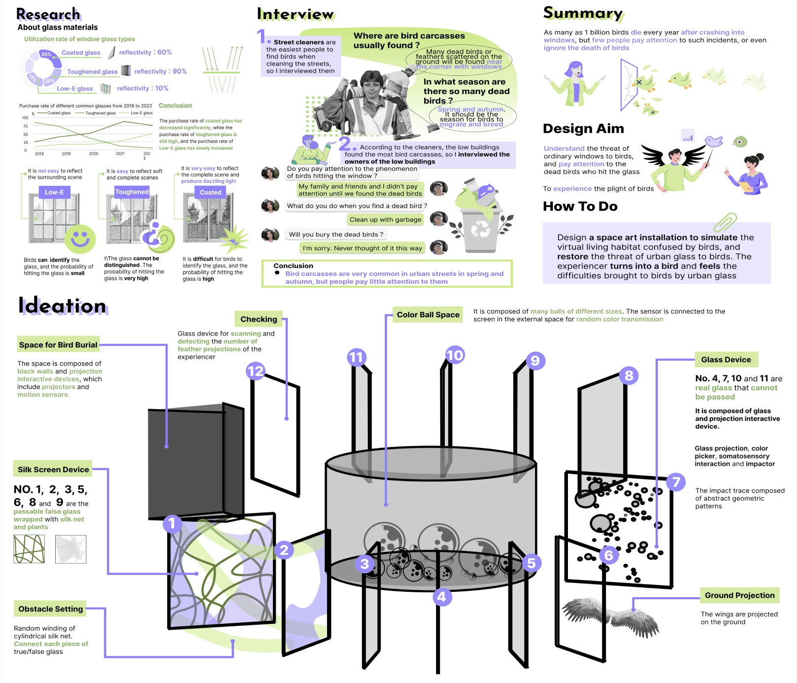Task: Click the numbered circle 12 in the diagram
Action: pos(256,371)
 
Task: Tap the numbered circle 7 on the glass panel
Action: pos(676,482)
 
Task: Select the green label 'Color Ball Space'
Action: pos(428,315)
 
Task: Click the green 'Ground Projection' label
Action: pos(739,595)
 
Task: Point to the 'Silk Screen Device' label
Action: pos(53,470)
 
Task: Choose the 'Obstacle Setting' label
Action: pos(50,609)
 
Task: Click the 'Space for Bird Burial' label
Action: pos(58,345)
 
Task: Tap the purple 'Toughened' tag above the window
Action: pos(132,192)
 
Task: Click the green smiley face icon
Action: pos(80,239)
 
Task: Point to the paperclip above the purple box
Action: pos(725,222)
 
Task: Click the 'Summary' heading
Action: pos(583,13)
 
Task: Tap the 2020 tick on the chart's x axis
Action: pos(94,154)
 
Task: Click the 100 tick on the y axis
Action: pos(25,118)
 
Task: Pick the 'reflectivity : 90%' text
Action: pos(161,71)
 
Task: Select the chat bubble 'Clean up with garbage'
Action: pos(385,220)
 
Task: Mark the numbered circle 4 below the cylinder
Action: pos(442,597)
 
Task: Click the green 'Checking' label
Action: pos(259,319)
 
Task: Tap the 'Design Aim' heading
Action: pos(583,129)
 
